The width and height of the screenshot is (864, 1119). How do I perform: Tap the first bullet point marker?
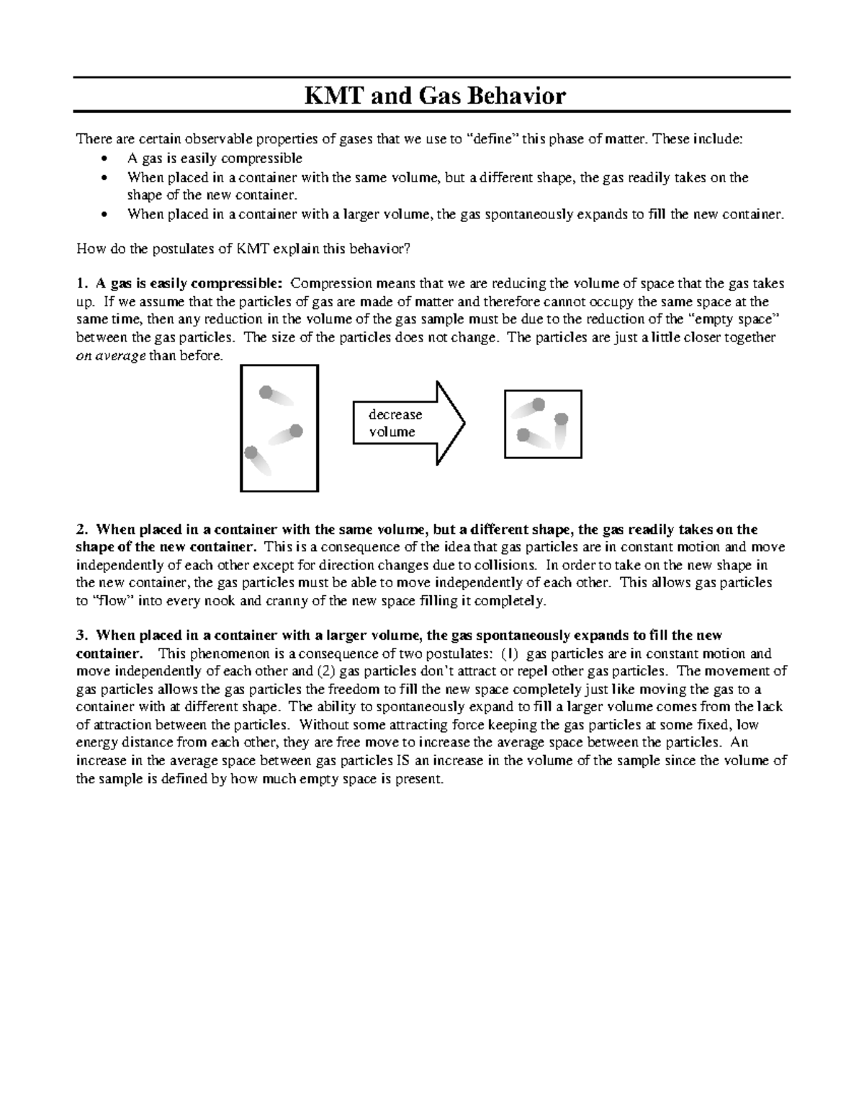tap(106, 159)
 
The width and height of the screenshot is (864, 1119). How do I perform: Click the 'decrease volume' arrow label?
tap(395, 423)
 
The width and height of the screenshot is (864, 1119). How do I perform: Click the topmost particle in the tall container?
tap(266, 392)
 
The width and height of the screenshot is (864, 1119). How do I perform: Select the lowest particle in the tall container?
tap(251, 452)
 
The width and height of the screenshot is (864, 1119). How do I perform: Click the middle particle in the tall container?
tap(295, 431)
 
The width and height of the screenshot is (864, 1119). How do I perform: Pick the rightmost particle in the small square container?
tap(562, 419)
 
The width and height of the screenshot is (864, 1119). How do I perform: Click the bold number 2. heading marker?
tap(82, 530)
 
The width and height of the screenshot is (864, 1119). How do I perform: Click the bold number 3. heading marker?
tap(82, 636)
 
